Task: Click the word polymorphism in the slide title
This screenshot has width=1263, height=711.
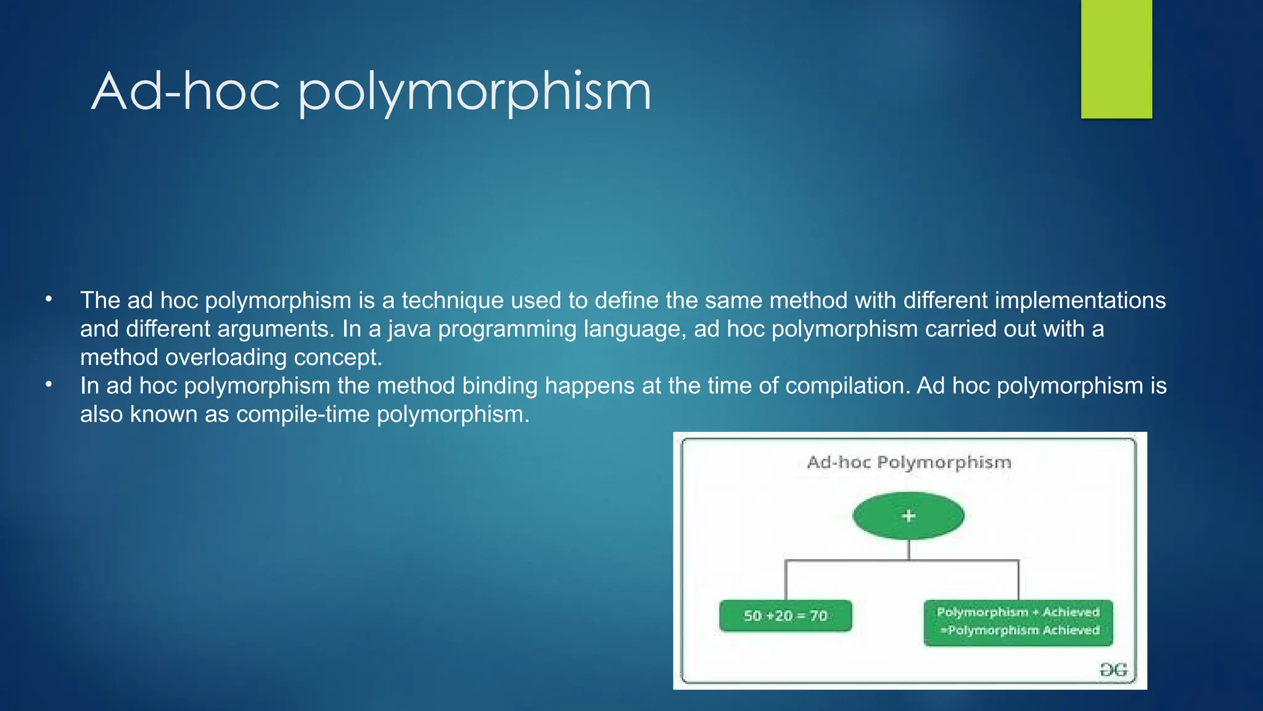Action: (x=475, y=93)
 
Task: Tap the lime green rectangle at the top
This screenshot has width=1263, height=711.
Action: (x=1116, y=59)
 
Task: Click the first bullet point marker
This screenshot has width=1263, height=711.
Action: (x=49, y=300)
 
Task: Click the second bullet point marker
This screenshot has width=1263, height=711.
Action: (x=49, y=385)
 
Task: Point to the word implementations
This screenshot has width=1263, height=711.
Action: (x=1080, y=301)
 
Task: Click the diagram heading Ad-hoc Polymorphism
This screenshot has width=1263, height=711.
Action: (x=909, y=462)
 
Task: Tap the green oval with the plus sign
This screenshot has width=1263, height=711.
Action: (x=908, y=516)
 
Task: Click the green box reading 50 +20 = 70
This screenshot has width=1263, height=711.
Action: (x=785, y=615)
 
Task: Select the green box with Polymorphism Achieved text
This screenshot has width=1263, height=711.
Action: (x=1018, y=622)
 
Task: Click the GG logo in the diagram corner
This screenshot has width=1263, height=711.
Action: (x=1113, y=670)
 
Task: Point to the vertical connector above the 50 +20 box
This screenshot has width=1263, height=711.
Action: (x=786, y=580)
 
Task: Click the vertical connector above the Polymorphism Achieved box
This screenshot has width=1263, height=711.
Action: (x=1018, y=580)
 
